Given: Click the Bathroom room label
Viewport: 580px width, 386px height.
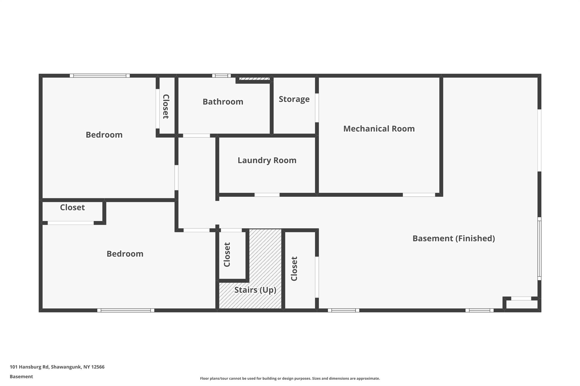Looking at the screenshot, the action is point(223,102).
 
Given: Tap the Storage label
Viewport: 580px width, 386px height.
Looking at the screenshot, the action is point(294,99).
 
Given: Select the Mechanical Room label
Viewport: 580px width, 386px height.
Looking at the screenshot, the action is point(379,129).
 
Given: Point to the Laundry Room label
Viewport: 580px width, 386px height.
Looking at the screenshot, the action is point(267,160).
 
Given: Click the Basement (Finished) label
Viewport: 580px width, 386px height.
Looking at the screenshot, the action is point(454,238).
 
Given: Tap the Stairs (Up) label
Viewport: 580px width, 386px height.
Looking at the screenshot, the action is point(255,290).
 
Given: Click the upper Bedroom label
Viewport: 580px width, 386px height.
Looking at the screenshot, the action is point(104,135).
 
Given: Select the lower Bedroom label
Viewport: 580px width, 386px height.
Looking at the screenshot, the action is point(125,254).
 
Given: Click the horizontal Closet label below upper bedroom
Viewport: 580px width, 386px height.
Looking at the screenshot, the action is point(72,208).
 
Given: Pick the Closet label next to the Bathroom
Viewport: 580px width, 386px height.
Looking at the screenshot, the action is point(166,107).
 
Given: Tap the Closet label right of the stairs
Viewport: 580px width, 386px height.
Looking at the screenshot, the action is point(294,269).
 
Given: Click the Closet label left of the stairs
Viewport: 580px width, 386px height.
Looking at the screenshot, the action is point(227,255).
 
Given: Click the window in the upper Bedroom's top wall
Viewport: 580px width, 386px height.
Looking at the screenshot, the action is point(100,76).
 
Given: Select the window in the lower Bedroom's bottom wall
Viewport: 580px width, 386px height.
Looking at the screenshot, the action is point(126,310).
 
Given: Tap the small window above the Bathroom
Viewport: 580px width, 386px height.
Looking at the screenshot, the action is point(221,76).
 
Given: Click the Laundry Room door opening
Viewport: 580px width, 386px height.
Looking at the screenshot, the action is point(267,195).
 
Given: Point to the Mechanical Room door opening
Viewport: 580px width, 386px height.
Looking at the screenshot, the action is point(419,195).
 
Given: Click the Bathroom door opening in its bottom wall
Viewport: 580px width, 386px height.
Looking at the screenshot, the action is point(197,136).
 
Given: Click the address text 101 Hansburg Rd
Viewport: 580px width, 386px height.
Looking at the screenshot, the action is point(29,367).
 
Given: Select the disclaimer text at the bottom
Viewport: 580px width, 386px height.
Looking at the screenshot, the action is point(290,378).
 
